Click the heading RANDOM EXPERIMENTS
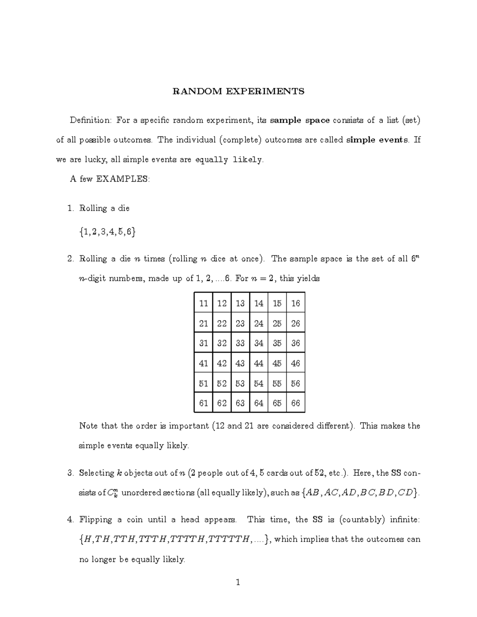tap(238, 91)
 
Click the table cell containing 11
tap(204, 304)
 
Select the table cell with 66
tap(295, 403)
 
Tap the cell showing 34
tap(259, 343)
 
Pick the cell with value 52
tap(222, 383)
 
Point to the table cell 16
tap(295, 304)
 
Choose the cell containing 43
tap(240, 364)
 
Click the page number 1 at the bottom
tap(238, 583)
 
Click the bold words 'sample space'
tap(300, 120)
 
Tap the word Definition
tap(91, 120)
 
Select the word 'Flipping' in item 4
tap(95, 520)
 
